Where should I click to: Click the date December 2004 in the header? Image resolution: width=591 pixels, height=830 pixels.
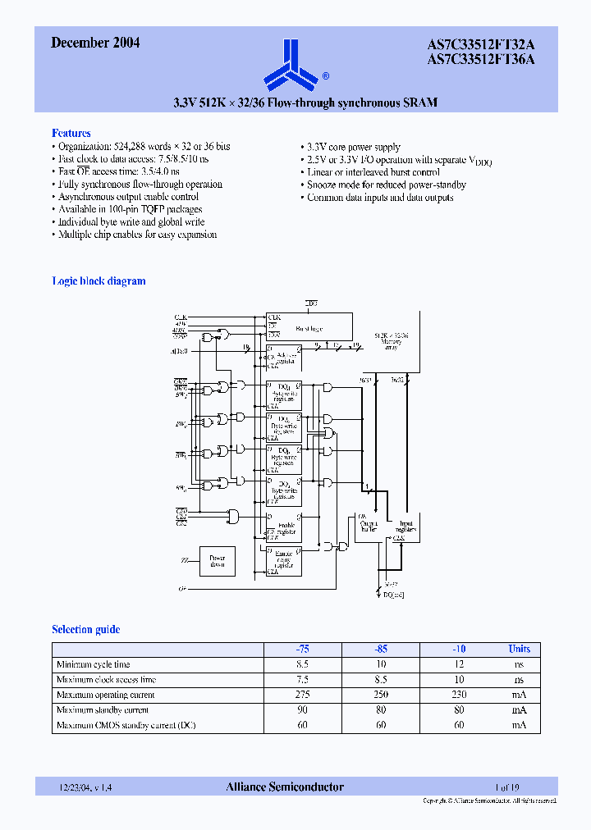95,43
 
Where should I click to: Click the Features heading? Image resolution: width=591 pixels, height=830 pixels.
71,133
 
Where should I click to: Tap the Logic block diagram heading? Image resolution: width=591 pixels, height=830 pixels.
98,280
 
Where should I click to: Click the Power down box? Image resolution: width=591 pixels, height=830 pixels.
217,561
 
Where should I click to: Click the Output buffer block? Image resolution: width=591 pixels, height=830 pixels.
367,527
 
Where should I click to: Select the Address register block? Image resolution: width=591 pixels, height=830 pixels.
283,358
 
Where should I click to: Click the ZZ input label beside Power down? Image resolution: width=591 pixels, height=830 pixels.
184,560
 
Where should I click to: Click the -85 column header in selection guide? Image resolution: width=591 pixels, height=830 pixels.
380,649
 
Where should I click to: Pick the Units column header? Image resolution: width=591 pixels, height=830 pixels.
519,649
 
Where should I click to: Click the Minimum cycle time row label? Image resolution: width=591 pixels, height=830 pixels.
93,664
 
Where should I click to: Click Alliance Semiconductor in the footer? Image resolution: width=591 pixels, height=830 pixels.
285,787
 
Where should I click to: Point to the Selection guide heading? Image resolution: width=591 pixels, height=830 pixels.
86,629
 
